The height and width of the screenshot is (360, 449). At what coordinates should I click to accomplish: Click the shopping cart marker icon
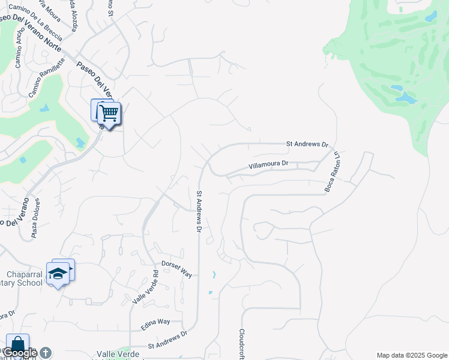coord(109,113)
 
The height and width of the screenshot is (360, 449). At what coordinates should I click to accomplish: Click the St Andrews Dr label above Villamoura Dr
coord(308,144)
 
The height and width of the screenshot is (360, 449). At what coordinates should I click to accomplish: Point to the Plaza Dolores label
coord(35,218)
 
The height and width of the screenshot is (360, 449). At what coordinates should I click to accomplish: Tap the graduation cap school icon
coord(58,274)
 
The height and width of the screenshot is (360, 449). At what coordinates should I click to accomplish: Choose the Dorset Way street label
coord(177,268)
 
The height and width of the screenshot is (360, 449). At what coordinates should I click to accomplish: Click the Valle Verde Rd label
coord(145,287)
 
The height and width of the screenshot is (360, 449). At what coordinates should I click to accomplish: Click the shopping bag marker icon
coord(17,345)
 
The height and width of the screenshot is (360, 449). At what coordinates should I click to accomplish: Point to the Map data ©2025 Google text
coord(412,355)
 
